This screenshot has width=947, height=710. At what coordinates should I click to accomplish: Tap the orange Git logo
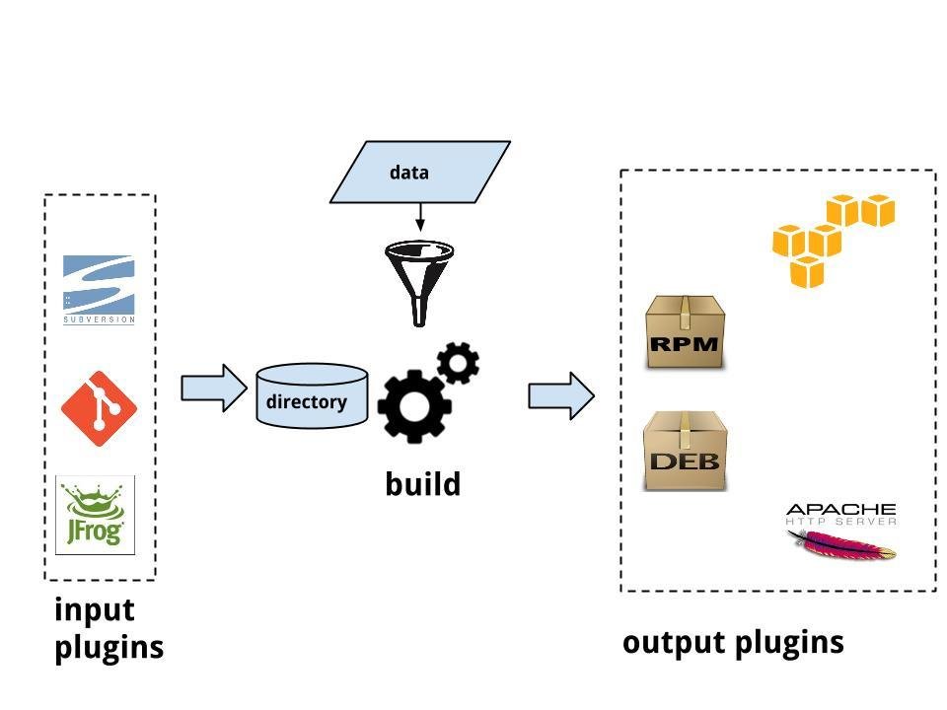click(x=99, y=408)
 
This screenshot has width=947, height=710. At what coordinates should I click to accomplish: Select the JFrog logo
click(x=96, y=515)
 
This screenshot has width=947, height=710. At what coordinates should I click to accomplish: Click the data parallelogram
click(x=420, y=173)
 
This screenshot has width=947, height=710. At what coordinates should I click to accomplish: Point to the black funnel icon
click(x=419, y=282)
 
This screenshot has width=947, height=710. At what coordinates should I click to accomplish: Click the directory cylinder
click(x=312, y=396)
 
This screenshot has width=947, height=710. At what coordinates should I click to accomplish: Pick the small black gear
click(x=458, y=363)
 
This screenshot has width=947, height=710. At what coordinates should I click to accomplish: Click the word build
click(x=422, y=484)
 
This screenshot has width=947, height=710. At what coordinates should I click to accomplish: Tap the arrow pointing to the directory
click(x=213, y=388)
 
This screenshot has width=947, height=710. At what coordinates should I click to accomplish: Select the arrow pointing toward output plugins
click(x=561, y=395)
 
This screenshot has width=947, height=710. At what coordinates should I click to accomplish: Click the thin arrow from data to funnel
click(x=420, y=217)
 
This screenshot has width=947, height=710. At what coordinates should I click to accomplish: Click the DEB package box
click(x=685, y=451)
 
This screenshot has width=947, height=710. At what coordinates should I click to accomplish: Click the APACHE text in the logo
click(x=840, y=508)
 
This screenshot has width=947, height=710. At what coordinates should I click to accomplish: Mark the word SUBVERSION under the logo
click(x=99, y=319)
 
